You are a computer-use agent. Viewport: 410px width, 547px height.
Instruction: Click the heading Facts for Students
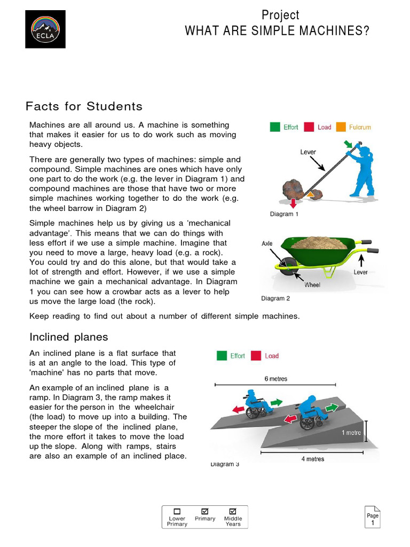[84, 106]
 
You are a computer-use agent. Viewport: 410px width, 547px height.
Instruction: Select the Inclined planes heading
[68, 337]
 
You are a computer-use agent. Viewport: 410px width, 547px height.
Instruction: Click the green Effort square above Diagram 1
[274, 127]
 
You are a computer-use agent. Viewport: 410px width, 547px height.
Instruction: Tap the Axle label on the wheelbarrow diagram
[267, 243]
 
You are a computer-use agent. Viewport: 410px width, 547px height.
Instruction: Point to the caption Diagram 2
[275, 299]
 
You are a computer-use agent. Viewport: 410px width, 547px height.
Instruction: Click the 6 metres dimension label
[275, 379]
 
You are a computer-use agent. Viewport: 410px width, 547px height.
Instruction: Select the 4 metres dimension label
[312, 459]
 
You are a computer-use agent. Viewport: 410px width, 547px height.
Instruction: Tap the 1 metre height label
[351, 433]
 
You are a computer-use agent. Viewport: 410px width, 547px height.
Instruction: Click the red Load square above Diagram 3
[256, 356]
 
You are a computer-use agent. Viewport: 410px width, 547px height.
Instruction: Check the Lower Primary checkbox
[177, 511]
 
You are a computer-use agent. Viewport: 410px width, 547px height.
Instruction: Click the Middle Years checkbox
[233, 511]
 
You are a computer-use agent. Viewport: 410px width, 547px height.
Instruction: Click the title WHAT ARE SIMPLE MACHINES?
[277, 31]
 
